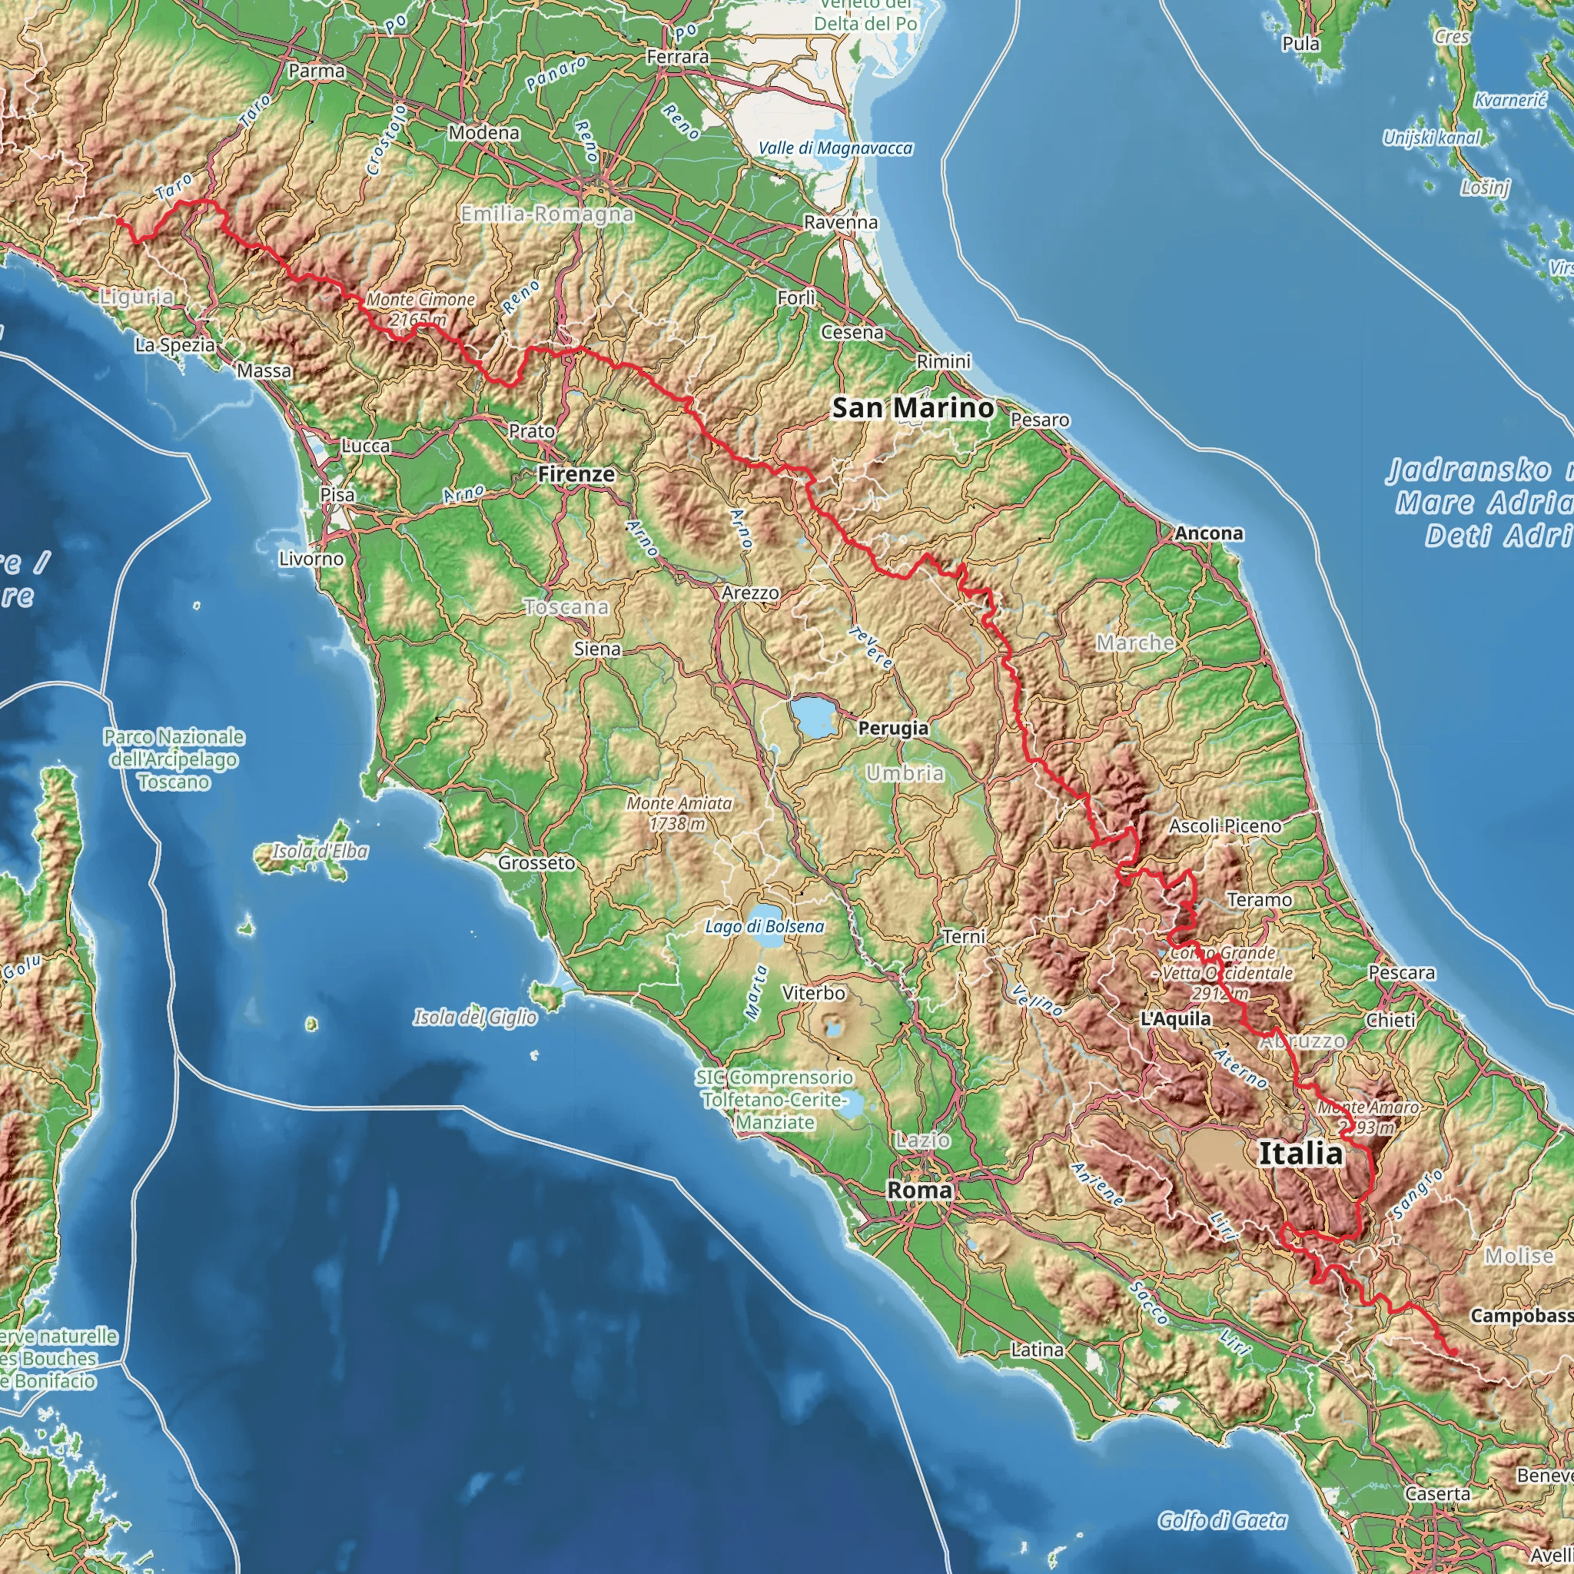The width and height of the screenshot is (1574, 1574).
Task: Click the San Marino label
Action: (912, 408)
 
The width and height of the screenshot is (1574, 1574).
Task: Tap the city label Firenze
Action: (576, 474)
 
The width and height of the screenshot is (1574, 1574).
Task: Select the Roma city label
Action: (919, 1190)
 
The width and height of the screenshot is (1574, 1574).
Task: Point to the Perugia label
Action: (893, 729)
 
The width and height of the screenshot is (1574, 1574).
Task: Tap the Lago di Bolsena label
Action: (764, 926)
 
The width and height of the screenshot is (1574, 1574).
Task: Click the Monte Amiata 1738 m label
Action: (679, 813)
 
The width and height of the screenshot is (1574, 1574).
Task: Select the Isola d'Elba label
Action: (320, 852)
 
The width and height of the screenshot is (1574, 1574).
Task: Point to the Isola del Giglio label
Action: (475, 1018)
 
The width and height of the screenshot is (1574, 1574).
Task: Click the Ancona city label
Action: (1209, 533)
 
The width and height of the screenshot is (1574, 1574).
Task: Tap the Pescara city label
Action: (1401, 973)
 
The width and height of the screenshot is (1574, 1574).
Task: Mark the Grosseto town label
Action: (536, 863)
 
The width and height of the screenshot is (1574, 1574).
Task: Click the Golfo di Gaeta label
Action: (1222, 1521)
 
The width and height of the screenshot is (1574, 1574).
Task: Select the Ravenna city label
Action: (841, 222)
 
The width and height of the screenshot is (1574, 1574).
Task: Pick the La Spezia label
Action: (174, 345)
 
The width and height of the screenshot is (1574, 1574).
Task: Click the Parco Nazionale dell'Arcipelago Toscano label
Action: (174, 759)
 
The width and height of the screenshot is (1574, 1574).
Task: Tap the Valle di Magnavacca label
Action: (835, 148)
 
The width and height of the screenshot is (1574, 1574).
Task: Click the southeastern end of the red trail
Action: (1453, 1353)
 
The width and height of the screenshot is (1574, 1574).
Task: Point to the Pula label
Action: (1300, 44)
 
